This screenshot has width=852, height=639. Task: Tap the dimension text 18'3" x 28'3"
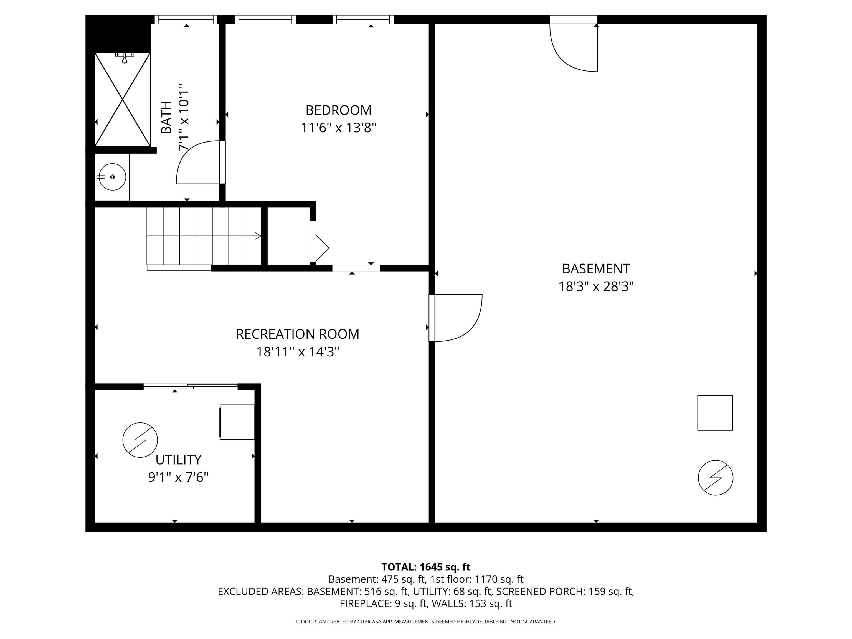click(596, 286)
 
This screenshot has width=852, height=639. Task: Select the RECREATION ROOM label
click(297, 334)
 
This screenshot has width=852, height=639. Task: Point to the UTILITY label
click(178, 460)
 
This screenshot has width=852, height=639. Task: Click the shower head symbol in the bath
click(125, 58)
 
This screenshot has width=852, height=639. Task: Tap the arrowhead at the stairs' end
click(258, 236)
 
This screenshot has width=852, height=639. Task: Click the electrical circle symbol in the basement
click(715, 478)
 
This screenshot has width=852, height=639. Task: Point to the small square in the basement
click(715, 413)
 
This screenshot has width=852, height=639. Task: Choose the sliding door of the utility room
click(191, 387)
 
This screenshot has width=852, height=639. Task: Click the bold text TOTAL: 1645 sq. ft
click(426, 567)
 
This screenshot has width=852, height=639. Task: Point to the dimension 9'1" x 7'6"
click(178, 478)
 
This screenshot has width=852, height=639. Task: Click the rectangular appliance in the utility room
click(237, 422)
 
